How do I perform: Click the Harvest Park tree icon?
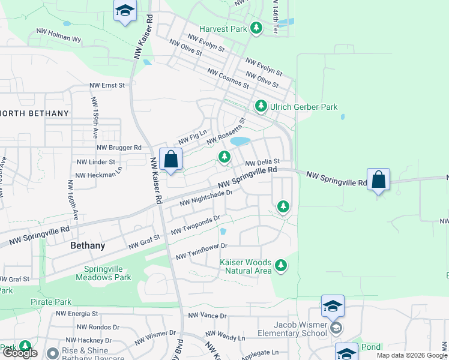coord(256,28)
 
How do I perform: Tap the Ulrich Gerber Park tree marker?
coord(261,106)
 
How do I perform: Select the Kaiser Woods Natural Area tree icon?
coord(280,265)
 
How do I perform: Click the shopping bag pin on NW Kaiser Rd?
coord(171,160)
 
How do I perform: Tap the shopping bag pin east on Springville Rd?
coord(379,180)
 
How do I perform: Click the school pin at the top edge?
coord(125,11)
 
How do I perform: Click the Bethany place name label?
coord(88,245)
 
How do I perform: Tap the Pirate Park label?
coord(51,302)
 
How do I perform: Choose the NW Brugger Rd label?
coord(119,147)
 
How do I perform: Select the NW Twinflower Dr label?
coord(202,251)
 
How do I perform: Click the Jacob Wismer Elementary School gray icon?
coord(337,328)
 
